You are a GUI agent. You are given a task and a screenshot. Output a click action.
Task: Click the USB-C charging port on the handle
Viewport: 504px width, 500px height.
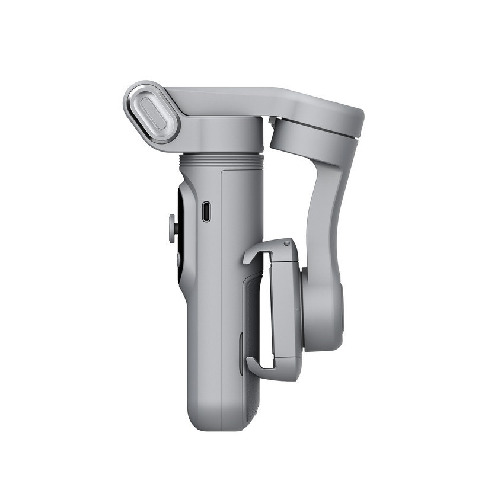[206, 211]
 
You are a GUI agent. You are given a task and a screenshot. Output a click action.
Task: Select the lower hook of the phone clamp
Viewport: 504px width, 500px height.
[261, 367]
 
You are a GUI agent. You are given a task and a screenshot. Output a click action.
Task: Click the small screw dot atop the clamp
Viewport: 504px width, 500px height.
[287, 243]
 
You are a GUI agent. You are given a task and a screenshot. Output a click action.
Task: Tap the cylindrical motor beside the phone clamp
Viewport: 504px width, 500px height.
[323, 308]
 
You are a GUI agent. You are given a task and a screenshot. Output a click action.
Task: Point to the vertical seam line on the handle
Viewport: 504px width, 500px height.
[221, 296]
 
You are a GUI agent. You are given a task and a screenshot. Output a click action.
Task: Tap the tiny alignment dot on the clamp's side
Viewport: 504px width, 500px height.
[298, 309]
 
